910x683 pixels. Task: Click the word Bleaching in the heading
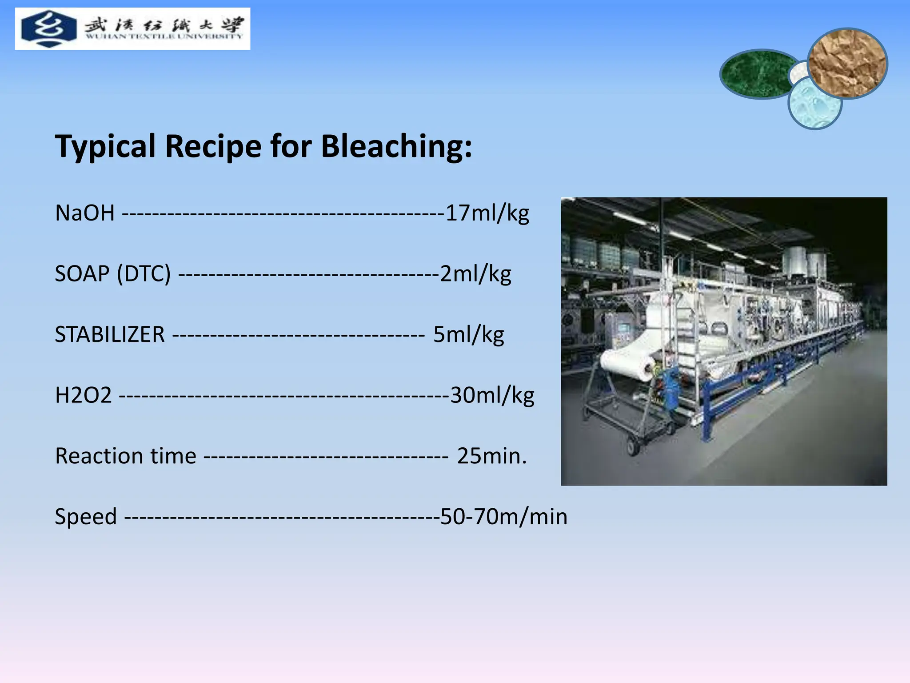coord(395,147)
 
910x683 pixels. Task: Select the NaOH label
coord(85,213)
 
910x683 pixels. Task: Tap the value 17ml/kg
coord(487,213)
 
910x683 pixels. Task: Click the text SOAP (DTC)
coord(113,273)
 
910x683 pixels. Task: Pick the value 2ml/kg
coord(475,273)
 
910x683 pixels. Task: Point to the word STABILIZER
coord(110,334)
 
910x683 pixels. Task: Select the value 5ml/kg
coord(469,334)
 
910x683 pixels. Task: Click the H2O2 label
coord(83,395)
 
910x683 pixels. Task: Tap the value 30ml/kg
coord(492,395)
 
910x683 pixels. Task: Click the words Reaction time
coord(125,456)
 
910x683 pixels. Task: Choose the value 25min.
coord(491,456)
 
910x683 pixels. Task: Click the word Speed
coord(86,517)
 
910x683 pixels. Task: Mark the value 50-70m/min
coord(503,517)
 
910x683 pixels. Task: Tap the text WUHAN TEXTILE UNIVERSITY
coord(164,36)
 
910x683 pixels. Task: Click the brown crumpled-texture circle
coord(847,63)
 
